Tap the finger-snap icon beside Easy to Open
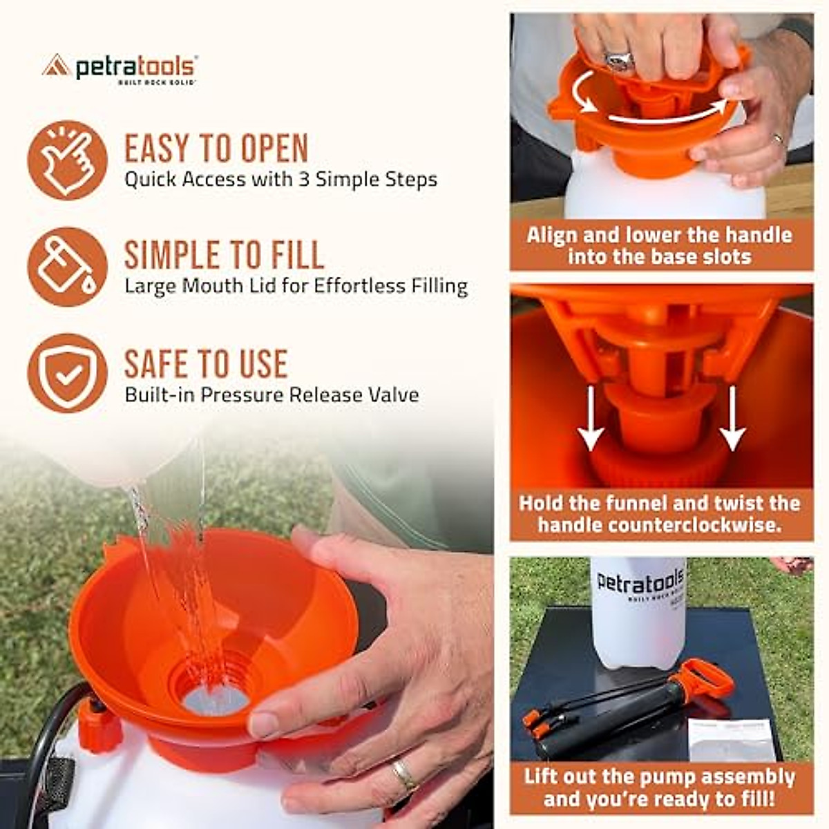tap(67, 160)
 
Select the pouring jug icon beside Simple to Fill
tap(67, 267)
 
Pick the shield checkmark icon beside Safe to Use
tap(67, 374)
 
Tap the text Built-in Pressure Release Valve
tap(271, 395)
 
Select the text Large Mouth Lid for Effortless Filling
tap(296, 286)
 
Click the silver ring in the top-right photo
tap(618, 59)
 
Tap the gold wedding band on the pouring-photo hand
tap(404, 774)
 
